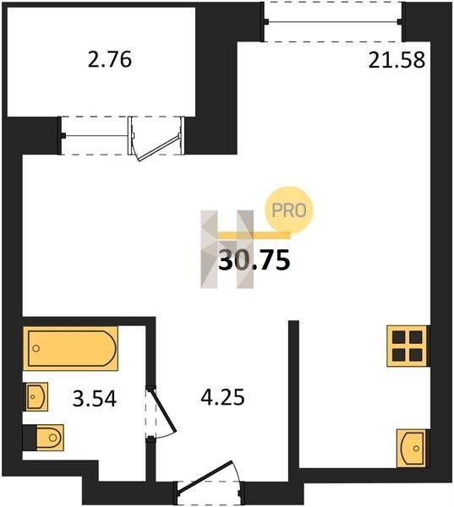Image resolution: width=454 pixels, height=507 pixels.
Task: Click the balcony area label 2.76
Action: (x=110, y=60)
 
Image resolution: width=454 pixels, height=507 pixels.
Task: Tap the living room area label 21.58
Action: (x=397, y=60)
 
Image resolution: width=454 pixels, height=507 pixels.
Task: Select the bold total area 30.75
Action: (x=254, y=260)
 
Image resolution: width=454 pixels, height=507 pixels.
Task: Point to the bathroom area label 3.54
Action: (x=95, y=398)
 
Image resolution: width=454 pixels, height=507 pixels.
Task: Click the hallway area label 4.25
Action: (x=222, y=397)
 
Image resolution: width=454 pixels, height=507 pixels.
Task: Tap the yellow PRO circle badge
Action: (x=289, y=210)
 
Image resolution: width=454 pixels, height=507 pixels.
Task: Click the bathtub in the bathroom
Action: (x=70, y=348)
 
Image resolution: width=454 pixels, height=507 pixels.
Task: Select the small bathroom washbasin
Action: (x=36, y=396)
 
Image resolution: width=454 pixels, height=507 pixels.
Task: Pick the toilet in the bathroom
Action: (x=50, y=438)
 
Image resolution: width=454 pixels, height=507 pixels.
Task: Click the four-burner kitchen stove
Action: (x=408, y=346)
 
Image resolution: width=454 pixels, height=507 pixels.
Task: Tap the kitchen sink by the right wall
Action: (x=412, y=448)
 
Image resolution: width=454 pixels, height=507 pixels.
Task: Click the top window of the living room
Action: (x=333, y=22)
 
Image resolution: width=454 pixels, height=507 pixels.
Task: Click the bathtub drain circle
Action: (x=36, y=348)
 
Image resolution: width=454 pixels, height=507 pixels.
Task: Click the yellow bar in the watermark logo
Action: (x=254, y=236)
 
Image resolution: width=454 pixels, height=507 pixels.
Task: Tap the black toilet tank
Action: (x=30, y=438)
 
